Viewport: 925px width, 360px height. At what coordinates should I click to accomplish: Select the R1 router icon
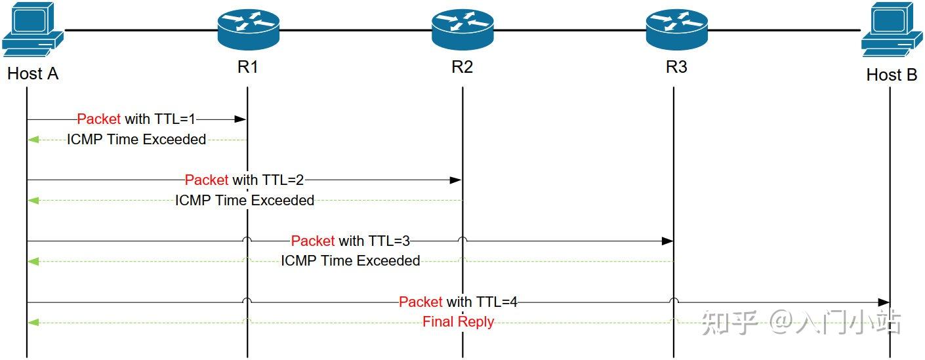pos(248,30)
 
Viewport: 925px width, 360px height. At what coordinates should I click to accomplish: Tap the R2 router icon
pos(462,30)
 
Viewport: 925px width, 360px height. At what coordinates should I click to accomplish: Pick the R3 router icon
pos(676,30)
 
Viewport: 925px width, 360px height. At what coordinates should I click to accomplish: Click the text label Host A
pos(33,73)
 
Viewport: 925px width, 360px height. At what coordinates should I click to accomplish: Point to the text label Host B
pos(891,75)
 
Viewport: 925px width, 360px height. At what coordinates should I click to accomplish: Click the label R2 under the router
pos(462,67)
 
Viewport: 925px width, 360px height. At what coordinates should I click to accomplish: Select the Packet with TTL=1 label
pos(136,119)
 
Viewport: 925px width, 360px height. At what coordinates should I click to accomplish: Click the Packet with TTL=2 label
pos(244,180)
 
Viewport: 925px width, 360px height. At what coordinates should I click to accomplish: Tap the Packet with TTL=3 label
pos(350,241)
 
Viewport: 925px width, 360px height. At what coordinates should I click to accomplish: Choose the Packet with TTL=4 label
pos(458,302)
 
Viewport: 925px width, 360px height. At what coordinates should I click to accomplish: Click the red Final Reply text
pos(458,321)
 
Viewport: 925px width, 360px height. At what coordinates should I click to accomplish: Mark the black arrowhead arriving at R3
pos(667,241)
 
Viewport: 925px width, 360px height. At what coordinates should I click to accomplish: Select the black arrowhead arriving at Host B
pos(883,302)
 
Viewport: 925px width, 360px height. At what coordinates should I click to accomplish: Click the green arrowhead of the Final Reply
pos(33,322)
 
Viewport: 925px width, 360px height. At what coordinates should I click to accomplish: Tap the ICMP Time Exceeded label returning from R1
pos(136,139)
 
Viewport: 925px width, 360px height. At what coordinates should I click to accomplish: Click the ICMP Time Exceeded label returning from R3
pos(350,261)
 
